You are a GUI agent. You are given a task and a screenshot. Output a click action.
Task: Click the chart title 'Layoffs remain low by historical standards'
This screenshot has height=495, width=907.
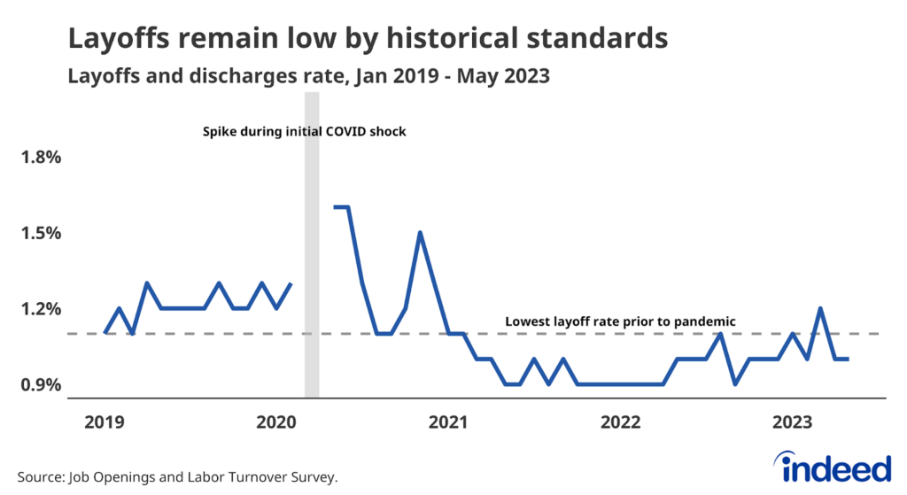coord(367,39)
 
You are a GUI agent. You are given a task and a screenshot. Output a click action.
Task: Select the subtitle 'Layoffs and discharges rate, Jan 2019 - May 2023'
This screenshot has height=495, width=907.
coord(309,77)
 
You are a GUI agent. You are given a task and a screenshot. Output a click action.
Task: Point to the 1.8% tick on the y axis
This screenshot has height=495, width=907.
coord(42,158)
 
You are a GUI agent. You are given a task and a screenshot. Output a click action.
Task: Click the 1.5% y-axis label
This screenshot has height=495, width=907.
coord(42,234)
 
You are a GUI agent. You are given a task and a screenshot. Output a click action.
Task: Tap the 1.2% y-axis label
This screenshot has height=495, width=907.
coord(42,309)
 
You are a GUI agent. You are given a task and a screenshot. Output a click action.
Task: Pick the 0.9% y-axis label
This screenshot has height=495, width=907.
coord(42,385)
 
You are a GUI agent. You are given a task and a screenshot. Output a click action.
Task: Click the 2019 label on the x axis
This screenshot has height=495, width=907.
coord(105,423)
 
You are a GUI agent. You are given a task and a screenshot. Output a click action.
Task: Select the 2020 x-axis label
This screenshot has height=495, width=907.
coord(278,423)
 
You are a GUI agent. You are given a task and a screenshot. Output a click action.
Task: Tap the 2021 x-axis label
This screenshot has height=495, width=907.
coord(451,423)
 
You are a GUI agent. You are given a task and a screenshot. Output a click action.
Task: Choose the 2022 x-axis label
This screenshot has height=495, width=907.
coord(624,423)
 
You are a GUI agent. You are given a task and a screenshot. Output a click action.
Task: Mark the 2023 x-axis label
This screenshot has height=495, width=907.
coord(796,423)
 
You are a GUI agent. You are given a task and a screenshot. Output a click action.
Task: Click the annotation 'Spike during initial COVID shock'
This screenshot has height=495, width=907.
coord(303,132)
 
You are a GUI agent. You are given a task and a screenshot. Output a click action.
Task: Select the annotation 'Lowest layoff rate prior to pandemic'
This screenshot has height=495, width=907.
coord(621,321)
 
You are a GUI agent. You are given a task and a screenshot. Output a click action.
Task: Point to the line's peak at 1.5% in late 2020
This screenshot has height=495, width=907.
coord(420,233)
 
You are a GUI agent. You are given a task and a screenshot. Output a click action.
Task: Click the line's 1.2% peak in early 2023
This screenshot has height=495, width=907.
coord(821,308)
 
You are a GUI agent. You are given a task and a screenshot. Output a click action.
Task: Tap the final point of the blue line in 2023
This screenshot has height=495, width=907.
coord(849,359)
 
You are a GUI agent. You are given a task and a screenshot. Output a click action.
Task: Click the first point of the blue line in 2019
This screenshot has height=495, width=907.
coord(105,333)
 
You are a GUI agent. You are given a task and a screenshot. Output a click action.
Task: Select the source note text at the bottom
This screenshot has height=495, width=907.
coord(177,476)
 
